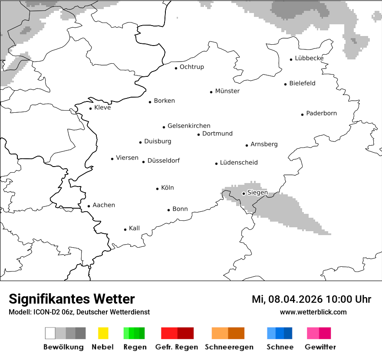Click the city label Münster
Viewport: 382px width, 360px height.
[x=227, y=91]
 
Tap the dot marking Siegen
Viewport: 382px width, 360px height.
[x=244, y=193]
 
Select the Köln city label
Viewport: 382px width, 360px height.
[x=168, y=188]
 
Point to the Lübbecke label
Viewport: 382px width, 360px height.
[x=309, y=58]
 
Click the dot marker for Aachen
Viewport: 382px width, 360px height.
[x=89, y=206]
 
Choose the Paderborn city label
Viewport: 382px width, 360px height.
[x=321, y=114]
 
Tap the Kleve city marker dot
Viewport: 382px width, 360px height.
[x=90, y=108]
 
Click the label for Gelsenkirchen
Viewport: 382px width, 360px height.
[x=189, y=126]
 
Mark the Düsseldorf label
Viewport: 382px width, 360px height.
[x=164, y=161]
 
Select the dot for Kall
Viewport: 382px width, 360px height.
[x=125, y=229]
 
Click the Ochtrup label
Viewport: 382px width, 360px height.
[x=192, y=67]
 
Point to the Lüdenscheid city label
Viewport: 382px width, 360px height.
[x=239, y=163]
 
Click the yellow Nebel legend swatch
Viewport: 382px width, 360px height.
[x=103, y=333]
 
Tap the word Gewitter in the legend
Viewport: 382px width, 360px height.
[x=320, y=347]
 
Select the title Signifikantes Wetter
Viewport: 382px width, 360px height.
[x=72, y=299]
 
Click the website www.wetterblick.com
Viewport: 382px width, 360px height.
[x=313, y=312]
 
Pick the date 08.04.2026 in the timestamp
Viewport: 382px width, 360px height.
[x=296, y=299]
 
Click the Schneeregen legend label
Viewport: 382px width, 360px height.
[x=229, y=347]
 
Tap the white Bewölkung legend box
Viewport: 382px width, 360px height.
[x=50, y=333]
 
